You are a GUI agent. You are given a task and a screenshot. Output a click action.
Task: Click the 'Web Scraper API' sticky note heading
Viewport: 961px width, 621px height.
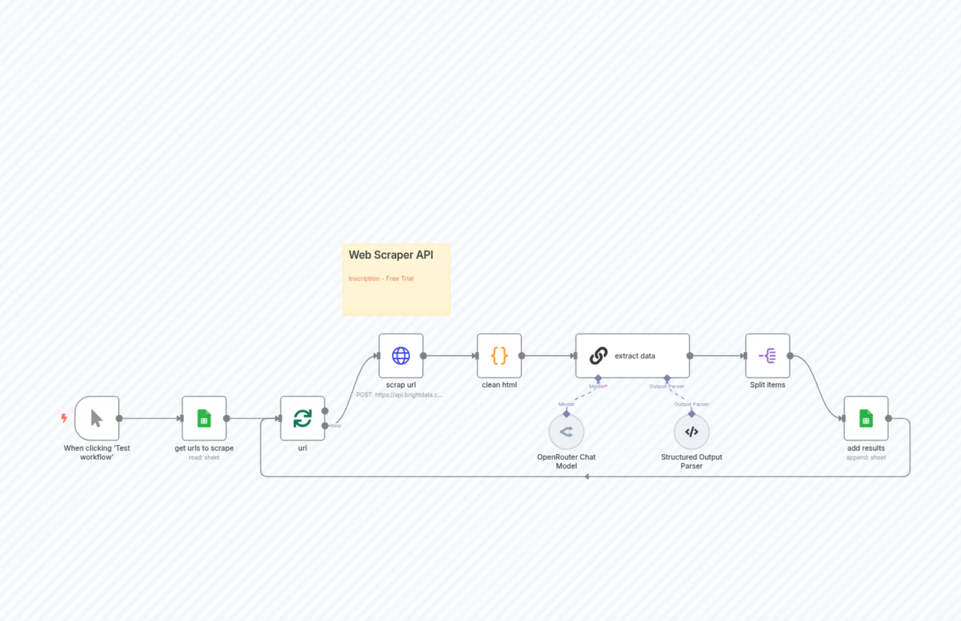[391, 255]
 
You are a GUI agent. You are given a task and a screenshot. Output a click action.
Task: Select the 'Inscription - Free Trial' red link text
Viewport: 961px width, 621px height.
[381, 279]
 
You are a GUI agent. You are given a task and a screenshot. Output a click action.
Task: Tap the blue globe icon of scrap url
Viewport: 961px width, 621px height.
[401, 356]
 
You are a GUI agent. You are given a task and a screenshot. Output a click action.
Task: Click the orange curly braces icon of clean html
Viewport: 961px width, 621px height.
[499, 356]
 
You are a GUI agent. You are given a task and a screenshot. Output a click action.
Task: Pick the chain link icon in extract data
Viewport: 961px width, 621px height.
[598, 356]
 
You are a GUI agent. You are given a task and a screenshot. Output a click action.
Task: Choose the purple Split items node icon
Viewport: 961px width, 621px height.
[767, 356]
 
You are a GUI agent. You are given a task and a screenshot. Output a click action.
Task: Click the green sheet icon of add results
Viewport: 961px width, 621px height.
[866, 419]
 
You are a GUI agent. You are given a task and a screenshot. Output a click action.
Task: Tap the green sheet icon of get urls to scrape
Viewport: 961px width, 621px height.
[204, 419]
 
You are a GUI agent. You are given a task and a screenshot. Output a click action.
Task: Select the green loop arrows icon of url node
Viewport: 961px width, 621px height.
[302, 419]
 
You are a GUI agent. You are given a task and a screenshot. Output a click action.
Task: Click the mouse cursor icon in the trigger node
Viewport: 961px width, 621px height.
[97, 419]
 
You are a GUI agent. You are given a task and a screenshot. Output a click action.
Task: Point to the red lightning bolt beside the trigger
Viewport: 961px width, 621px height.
[64, 418]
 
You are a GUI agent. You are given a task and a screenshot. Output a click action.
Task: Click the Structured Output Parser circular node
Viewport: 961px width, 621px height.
[691, 432]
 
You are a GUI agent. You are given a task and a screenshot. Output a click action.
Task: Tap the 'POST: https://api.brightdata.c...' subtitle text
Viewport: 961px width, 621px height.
[399, 395]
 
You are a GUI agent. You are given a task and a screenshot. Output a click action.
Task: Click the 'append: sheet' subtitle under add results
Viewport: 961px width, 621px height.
[866, 458]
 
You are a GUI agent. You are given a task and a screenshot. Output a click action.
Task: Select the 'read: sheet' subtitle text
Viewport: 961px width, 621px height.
[204, 458]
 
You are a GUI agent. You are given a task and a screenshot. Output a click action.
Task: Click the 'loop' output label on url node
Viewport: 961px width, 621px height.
[335, 426]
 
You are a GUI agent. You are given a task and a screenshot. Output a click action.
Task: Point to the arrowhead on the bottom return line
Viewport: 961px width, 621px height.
[587, 477]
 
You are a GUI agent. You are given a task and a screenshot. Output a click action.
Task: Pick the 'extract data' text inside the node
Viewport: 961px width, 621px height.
[635, 356]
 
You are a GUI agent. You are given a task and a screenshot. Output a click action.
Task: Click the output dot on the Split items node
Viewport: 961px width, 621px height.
[790, 356]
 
